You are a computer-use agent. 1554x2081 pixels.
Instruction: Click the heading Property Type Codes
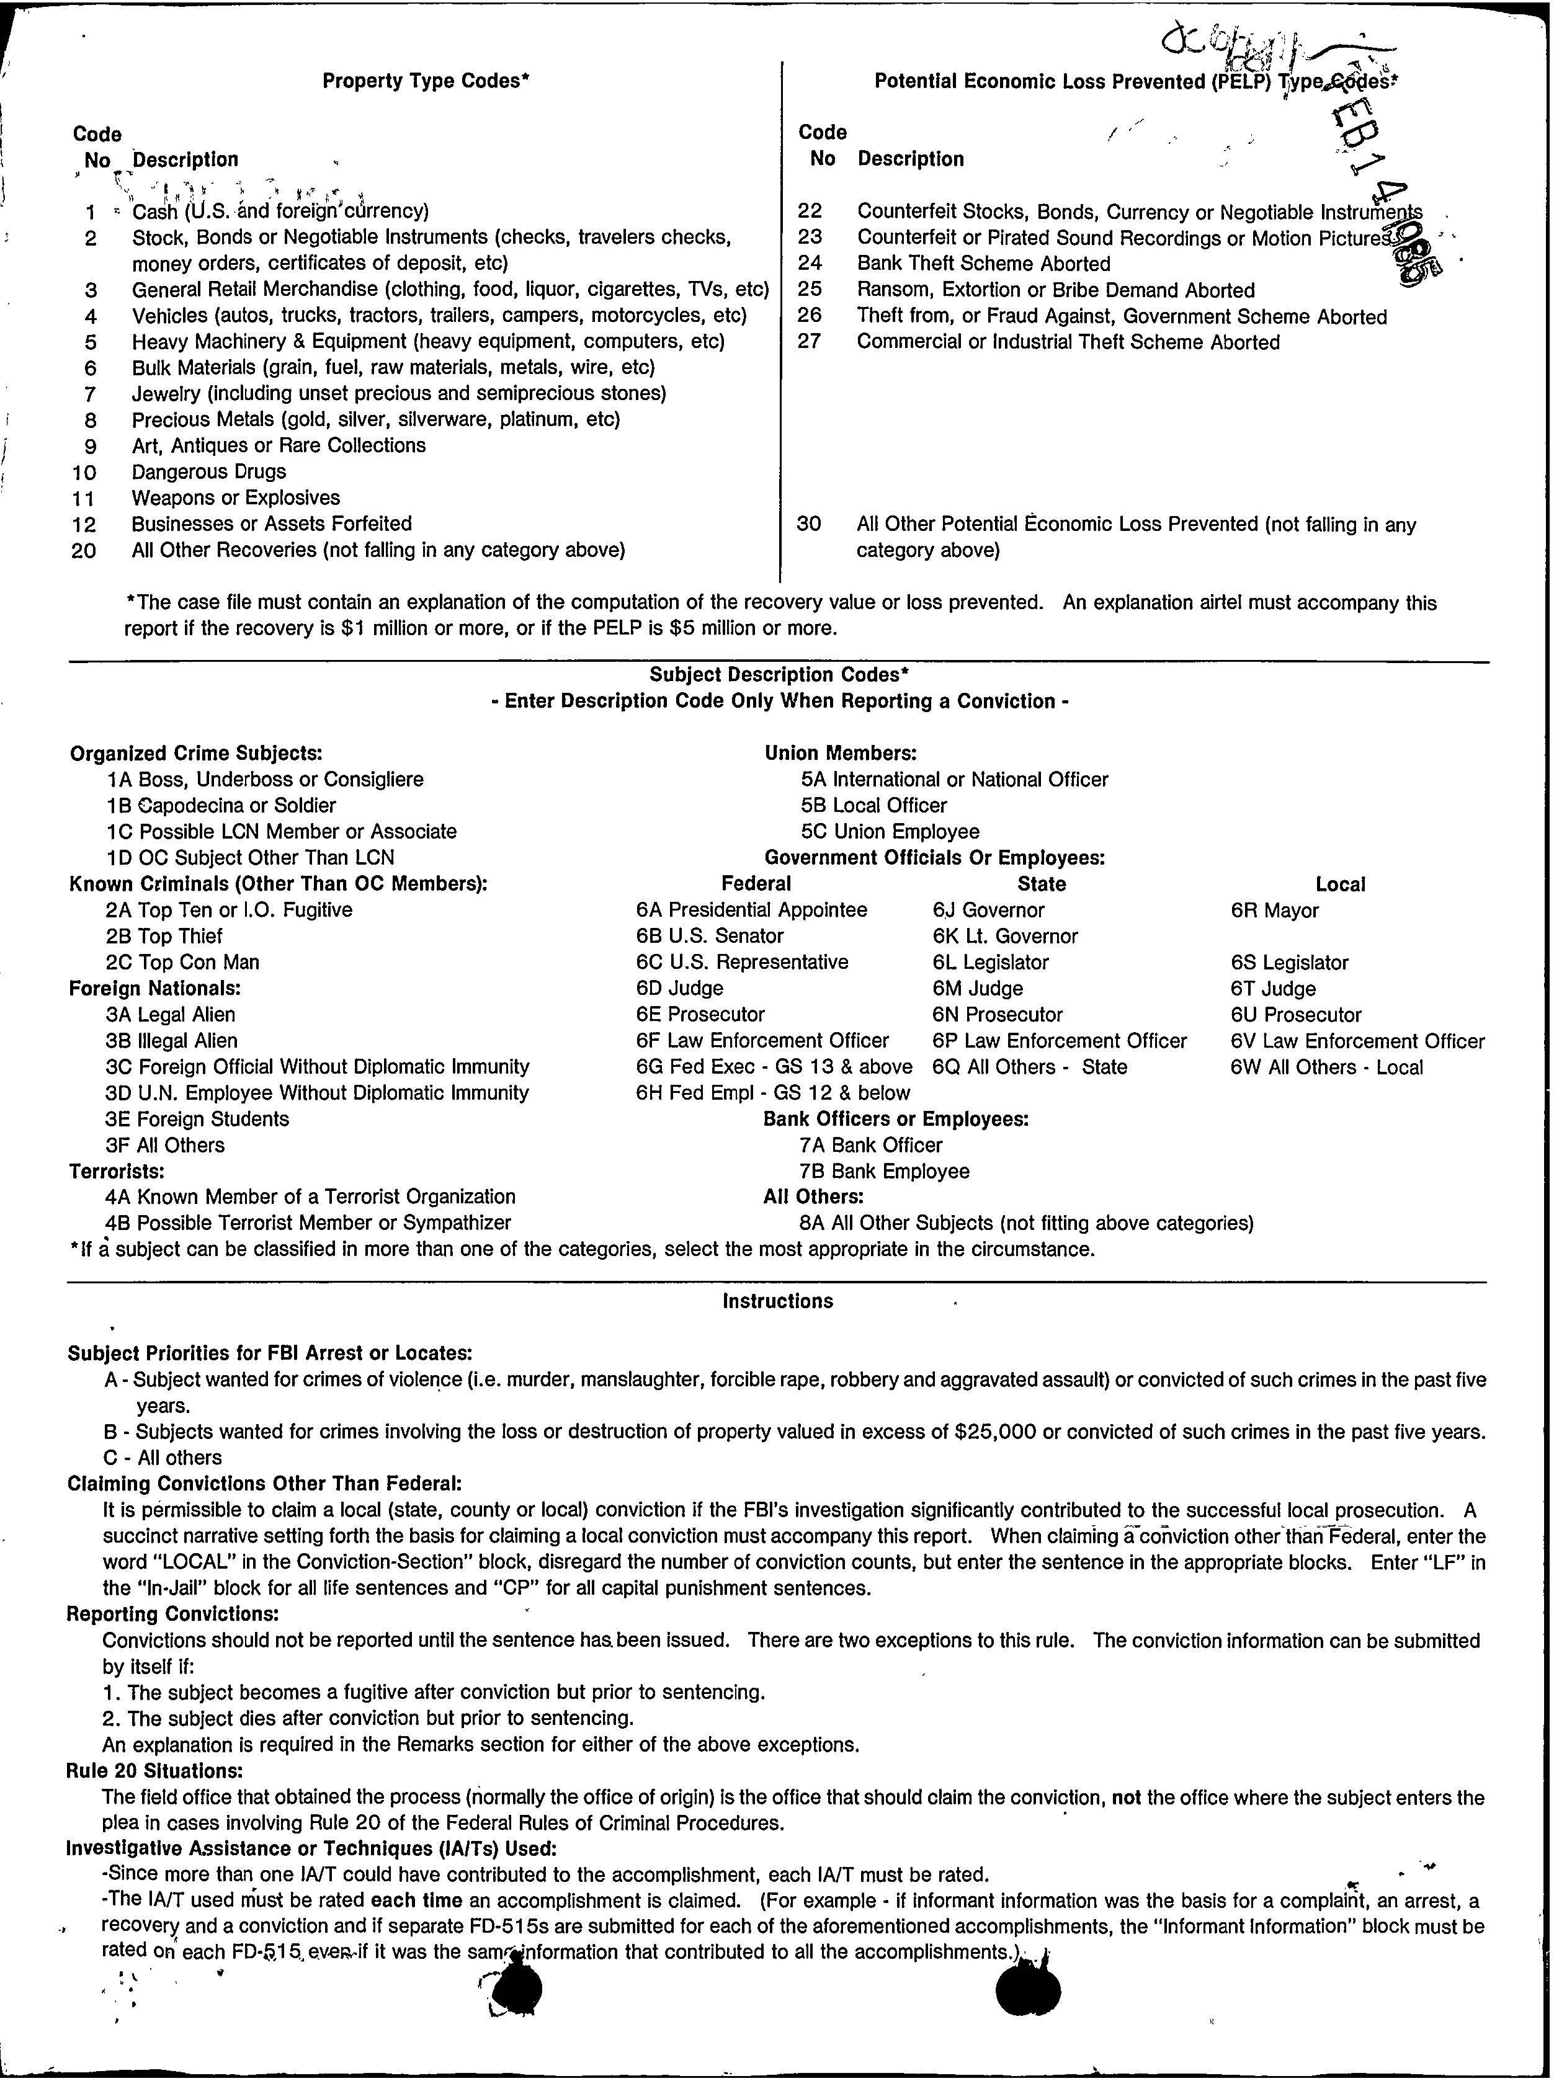click(425, 81)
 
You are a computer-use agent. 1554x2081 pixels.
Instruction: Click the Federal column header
click(756, 884)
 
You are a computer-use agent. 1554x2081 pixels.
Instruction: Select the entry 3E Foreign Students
click(197, 1119)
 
